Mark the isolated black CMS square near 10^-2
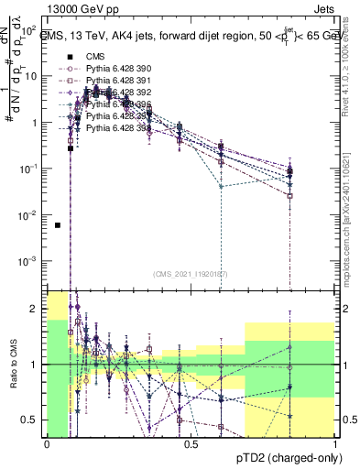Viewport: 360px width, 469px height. [58, 224]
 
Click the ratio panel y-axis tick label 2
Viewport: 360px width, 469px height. [37, 310]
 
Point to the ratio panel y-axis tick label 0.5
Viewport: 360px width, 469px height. [33, 420]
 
